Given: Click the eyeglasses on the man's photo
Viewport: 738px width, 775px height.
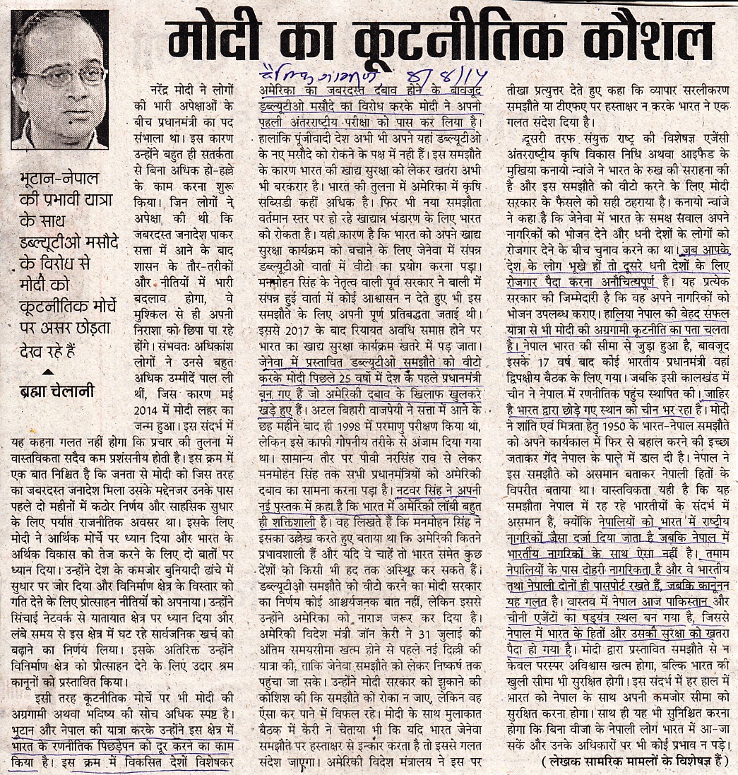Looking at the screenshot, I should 64,75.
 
